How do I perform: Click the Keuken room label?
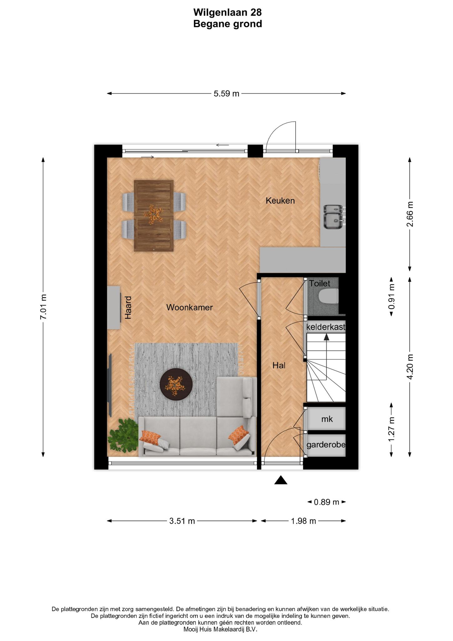tap(280, 201)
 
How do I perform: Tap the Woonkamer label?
tap(189, 307)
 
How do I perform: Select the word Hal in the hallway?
tap(279, 365)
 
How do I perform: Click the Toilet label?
tap(320, 284)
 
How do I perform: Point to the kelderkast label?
tap(326, 327)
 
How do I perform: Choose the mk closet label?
tap(327, 419)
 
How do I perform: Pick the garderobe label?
tap(326, 445)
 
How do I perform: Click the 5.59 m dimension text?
tap(226, 94)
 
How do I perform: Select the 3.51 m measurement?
tap(182, 521)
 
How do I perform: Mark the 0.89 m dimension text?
tap(326, 502)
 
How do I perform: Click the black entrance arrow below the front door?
tap(281, 480)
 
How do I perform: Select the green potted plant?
tap(123, 435)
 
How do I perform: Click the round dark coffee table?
tap(176, 384)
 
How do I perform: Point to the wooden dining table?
tap(154, 216)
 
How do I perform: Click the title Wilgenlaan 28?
tap(227, 12)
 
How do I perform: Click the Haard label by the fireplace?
tap(128, 308)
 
